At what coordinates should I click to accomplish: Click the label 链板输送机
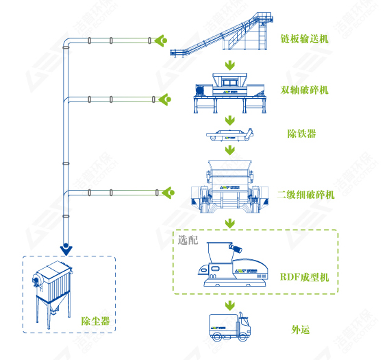coord(305,39)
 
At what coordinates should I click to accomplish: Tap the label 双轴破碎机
coord(305,90)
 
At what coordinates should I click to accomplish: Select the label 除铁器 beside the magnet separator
coord(301,134)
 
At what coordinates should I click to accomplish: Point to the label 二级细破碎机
coord(308,195)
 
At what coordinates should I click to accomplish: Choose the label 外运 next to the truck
coord(301,329)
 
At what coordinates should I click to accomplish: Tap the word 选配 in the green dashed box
coord(188,241)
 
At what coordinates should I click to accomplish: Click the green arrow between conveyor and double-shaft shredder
coord(230,67)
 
